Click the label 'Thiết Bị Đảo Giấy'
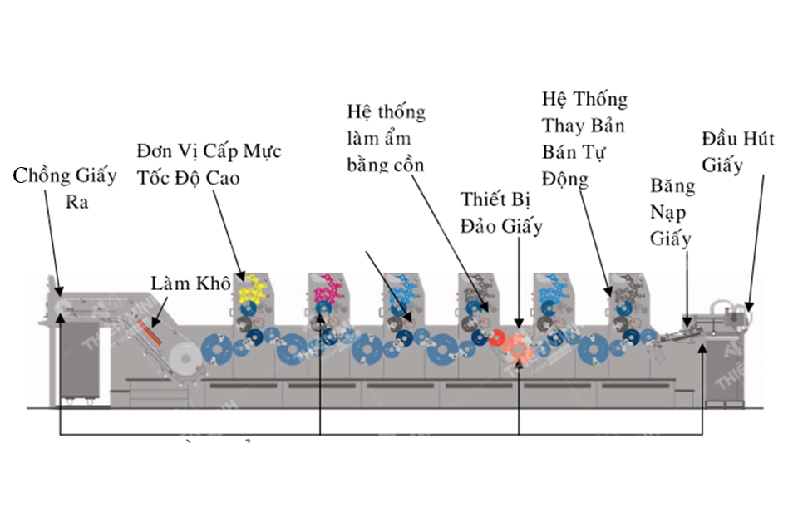tap(501, 213)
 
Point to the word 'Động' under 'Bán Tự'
tap(565, 178)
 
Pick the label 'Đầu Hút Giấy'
tap(736, 150)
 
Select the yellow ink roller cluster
tap(252, 291)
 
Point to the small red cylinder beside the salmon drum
tap(497, 338)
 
